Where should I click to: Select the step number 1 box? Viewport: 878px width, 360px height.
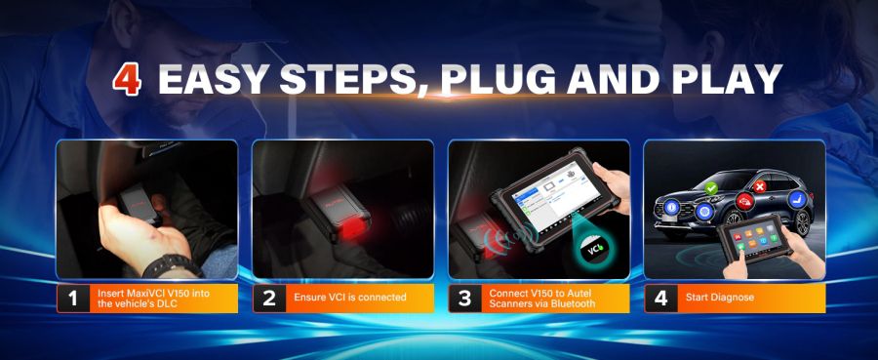click(72, 298)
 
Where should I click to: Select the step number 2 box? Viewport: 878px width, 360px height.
click(269, 298)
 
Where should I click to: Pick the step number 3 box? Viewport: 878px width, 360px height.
click(464, 298)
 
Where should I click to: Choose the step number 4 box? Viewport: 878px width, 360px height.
click(660, 298)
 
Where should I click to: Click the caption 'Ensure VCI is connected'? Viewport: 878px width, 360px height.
click(349, 297)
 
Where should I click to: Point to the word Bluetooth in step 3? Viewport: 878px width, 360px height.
click(573, 303)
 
